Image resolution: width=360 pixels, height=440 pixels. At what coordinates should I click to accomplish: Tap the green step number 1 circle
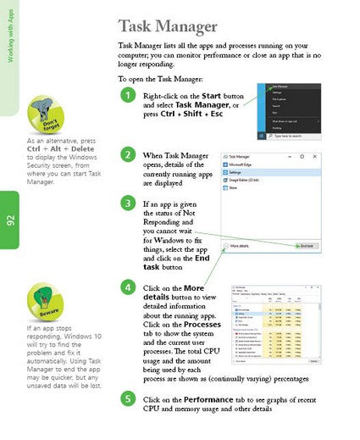(126, 96)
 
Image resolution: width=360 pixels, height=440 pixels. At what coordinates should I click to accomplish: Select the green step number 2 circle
(126, 155)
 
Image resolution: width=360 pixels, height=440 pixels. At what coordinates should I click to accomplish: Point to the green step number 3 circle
(126, 203)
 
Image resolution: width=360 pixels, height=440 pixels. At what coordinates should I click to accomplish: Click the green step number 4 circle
(126, 287)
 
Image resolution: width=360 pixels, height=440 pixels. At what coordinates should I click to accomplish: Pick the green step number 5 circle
(126, 398)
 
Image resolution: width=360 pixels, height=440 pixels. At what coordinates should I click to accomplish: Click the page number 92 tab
(11, 221)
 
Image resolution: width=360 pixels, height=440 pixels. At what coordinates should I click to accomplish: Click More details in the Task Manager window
(241, 246)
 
